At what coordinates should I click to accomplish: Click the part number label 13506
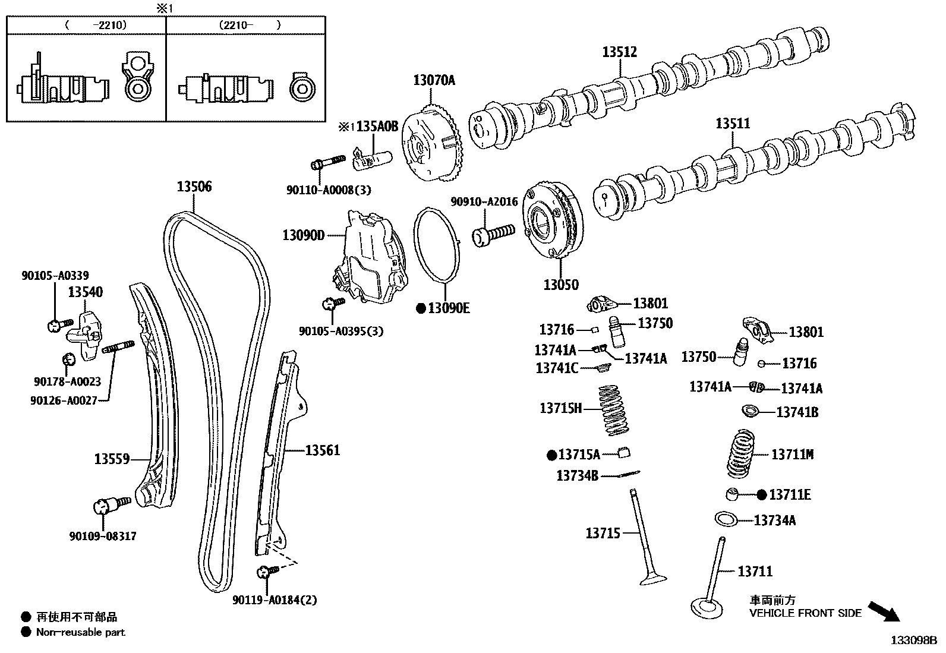(x=194, y=187)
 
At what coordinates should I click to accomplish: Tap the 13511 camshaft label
(x=732, y=124)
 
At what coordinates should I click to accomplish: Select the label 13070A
(x=434, y=80)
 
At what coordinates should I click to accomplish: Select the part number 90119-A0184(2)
(x=275, y=600)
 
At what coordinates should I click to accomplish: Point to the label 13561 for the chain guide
(x=323, y=450)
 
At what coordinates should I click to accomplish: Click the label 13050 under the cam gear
(x=560, y=285)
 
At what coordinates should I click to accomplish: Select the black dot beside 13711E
(x=762, y=494)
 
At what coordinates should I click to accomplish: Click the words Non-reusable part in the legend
(x=81, y=632)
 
